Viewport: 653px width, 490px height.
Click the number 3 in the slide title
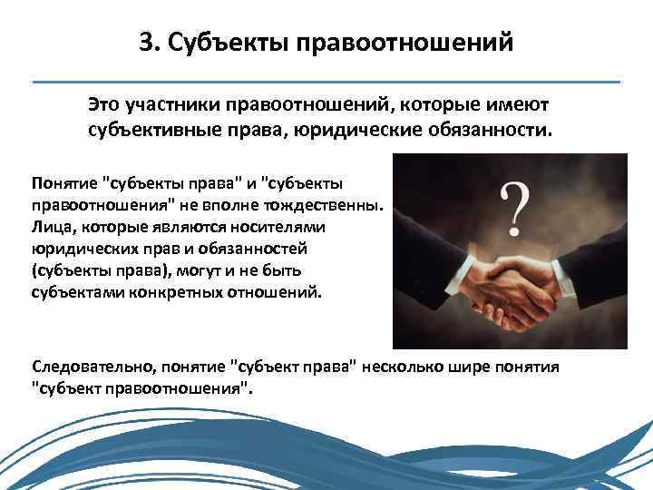pos(146,43)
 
